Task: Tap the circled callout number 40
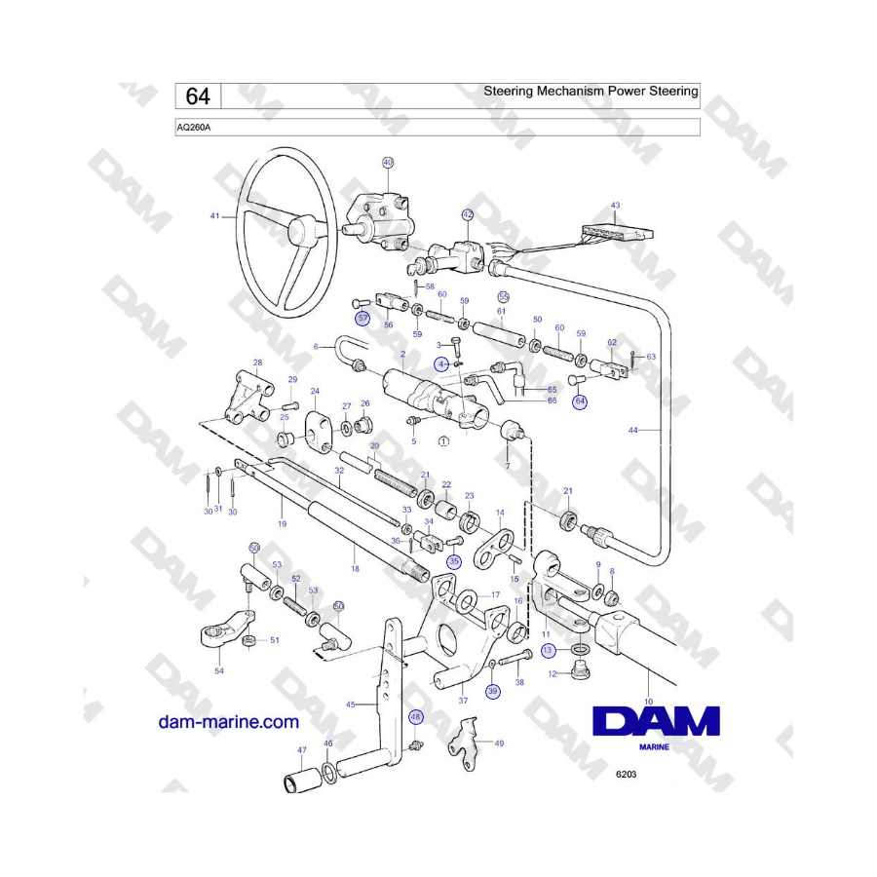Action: coord(388,162)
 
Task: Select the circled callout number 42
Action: coord(468,214)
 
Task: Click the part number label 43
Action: coord(615,206)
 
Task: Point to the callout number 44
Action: coord(632,430)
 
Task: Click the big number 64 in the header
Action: coord(198,96)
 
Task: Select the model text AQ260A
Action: coord(194,128)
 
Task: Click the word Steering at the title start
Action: coord(508,92)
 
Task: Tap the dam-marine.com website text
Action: coord(229,721)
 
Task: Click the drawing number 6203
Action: coord(626,774)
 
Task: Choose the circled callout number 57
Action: coord(363,319)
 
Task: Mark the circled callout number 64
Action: coord(580,401)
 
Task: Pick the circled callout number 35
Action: coord(453,561)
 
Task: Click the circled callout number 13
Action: coord(547,650)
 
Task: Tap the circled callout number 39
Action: coord(493,691)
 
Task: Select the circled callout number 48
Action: coord(415,717)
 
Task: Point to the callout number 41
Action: coord(214,216)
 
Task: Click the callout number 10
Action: coord(649,702)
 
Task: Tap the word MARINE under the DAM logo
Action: coord(654,746)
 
